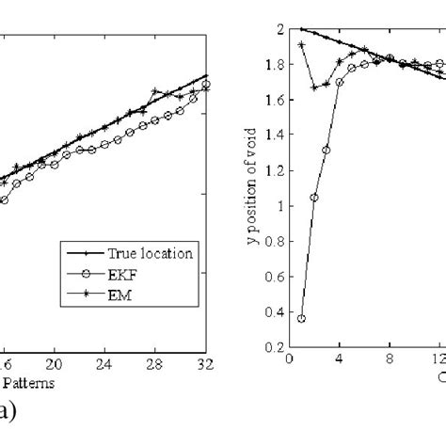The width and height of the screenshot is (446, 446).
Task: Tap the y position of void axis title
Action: tap(251, 188)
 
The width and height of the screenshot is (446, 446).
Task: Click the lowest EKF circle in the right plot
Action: tap(301, 319)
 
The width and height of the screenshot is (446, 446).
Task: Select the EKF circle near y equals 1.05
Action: tap(313, 198)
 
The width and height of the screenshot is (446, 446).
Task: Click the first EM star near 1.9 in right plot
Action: tap(301, 44)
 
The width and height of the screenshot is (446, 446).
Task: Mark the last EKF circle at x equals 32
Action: tap(206, 85)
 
